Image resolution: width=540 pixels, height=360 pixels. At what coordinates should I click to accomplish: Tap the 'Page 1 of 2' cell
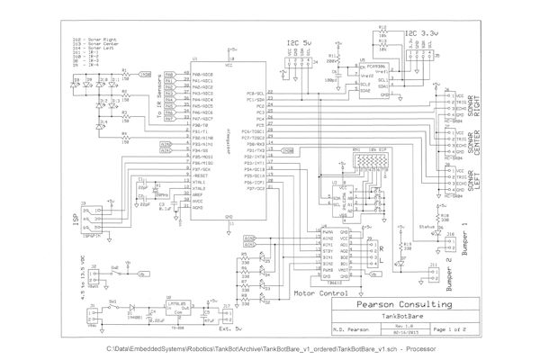451,329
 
